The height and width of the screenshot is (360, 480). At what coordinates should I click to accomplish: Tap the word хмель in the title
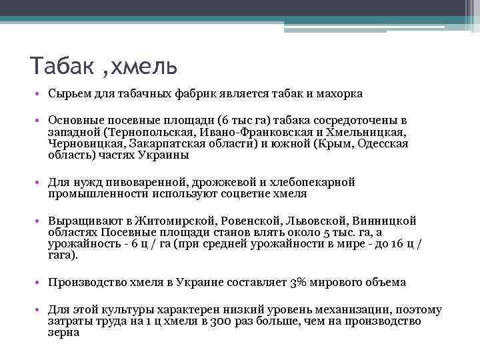[x=143, y=67]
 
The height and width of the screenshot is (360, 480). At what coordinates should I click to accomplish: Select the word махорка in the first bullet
[x=337, y=94]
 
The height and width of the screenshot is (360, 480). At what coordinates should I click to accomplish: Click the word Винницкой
[x=379, y=221]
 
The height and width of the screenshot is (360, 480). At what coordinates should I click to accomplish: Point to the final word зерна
[x=64, y=333]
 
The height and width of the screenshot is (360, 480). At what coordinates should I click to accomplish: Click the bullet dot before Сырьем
[x=41, y=95]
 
